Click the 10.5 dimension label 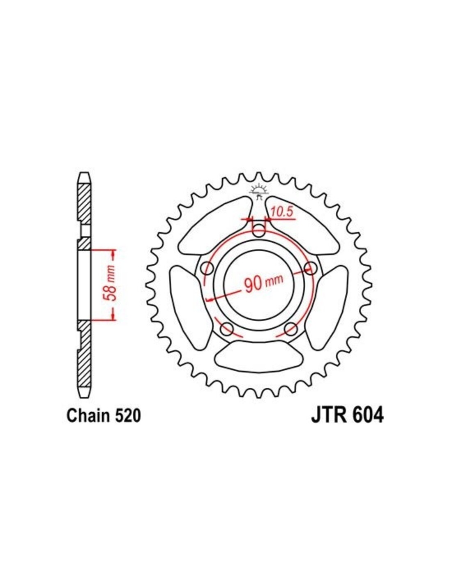pos(281,212)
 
